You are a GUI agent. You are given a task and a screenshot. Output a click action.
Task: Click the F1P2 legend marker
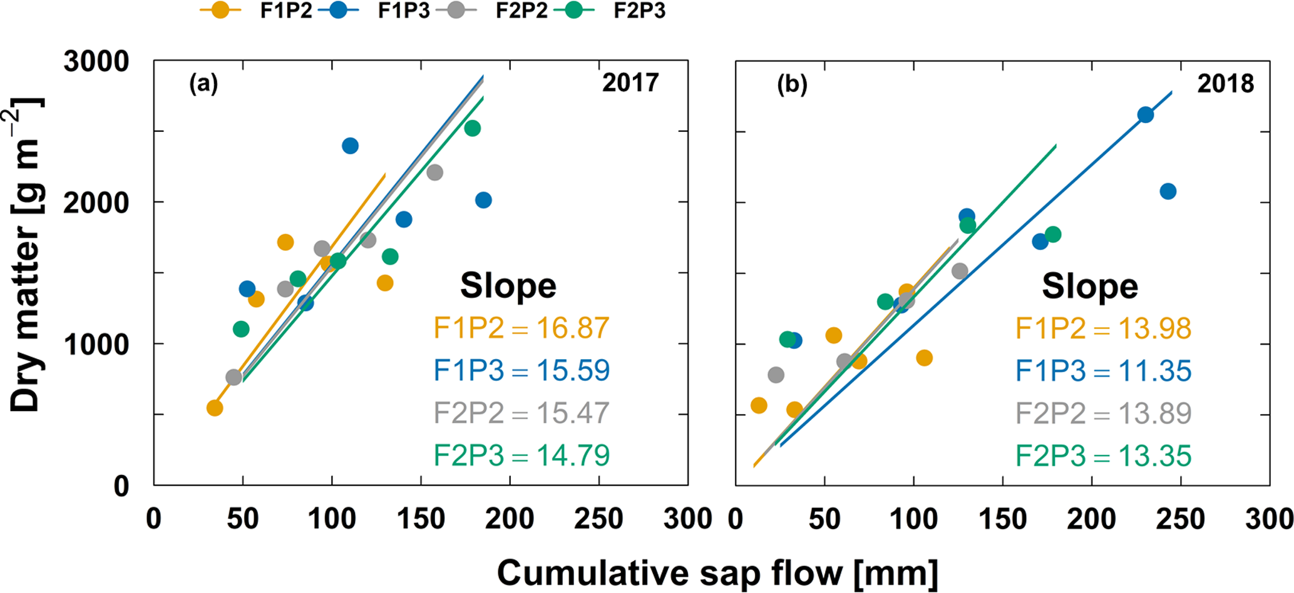coord(220,11)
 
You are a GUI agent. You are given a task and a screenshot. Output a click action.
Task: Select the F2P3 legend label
coord(639,11)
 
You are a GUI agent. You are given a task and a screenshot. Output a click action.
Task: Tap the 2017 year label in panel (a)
coord(630,83)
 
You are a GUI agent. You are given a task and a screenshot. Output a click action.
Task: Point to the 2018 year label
coord(1225,84)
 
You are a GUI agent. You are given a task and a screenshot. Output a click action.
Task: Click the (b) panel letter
coord(792,84)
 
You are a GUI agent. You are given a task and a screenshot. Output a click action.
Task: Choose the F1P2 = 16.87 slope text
coord(521,328)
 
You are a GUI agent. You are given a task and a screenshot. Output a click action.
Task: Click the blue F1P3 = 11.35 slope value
coord(1103,370)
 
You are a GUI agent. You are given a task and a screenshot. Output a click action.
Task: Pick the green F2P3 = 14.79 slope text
coord(521,455)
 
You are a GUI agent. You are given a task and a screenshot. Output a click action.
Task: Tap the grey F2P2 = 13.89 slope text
coord(1103,413)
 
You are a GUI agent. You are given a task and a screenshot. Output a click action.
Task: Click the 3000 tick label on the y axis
coord(96,62)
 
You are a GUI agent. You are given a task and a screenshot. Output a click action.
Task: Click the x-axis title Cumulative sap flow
coord(717,572)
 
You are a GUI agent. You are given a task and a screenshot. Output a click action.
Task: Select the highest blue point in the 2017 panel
coord(350,146)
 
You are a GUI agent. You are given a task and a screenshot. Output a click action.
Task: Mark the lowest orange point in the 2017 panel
coord(215,408)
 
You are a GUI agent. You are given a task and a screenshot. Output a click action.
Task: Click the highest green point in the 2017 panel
coord(473,128)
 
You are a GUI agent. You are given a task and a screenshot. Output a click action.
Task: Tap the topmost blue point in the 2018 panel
coord(1146,114)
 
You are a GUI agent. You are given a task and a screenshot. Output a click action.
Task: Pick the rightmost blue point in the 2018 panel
coord(1168,191)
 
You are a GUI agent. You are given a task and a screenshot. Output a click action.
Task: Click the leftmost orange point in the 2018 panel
coord(759,405)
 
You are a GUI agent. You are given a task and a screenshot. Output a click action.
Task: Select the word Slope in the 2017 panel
coord(508,286)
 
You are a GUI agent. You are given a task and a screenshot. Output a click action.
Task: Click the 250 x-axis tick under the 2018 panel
coord(1181,520)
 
